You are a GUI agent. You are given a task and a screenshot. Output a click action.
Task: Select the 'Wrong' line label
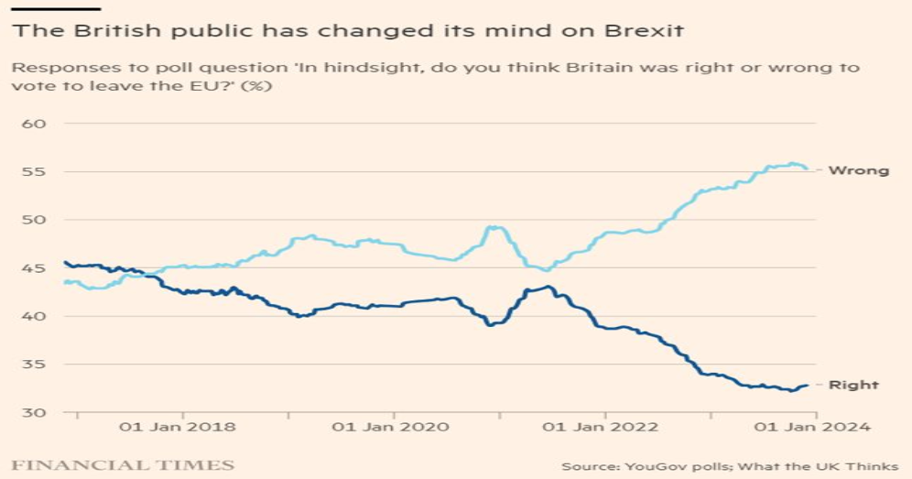coord(858,170)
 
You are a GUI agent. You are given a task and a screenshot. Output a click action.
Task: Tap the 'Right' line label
coord(853,385)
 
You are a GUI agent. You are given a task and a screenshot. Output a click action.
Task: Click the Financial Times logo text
coord(123,465)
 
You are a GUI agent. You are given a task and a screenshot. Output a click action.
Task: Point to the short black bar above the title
coord(42,8)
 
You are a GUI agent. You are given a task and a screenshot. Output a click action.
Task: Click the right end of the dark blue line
coord(807,386)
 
